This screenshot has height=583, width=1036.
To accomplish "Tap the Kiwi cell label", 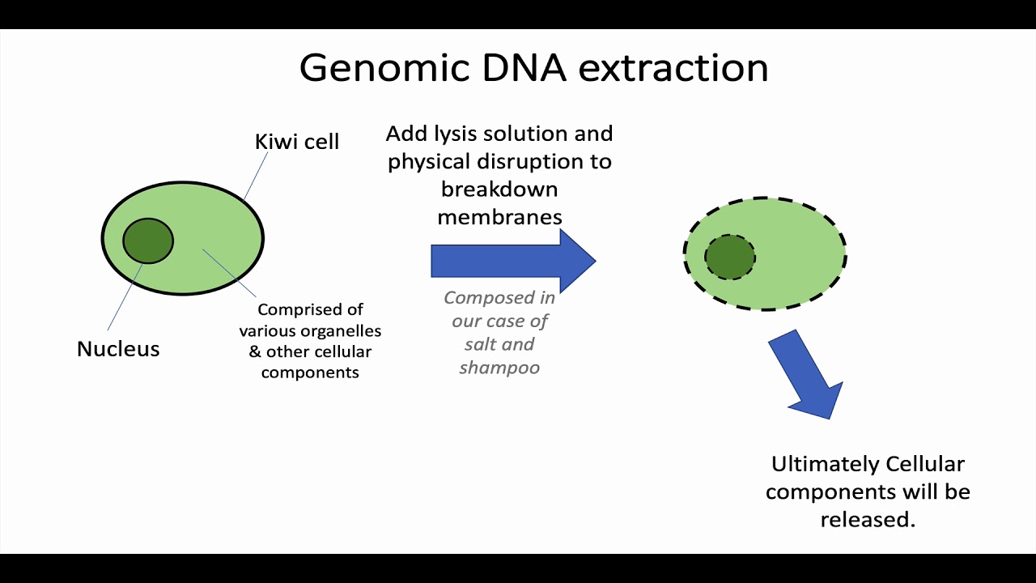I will pyautogui.click(x=296, y=142).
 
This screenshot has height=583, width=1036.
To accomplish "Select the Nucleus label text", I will pyautogui.click(x=118, y=349).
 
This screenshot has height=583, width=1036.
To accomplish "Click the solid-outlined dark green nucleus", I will pyautogui.click(x=148, y=240).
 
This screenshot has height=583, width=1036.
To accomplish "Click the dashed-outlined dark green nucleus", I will pyautogui.click(x=730, y=257).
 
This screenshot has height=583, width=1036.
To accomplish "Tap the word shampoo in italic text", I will pyautogui.click(x=499, y=368).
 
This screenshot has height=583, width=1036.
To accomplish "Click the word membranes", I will pyautogui.click(x=499, y=217).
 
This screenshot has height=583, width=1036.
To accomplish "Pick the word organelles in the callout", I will pyautogui.click(x=339, y=331).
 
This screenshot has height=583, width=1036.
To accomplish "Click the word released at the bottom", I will pyautogui.click(x=867, y=519).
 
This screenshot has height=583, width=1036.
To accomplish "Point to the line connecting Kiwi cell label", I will pyautogui.click(x=256, y=175).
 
